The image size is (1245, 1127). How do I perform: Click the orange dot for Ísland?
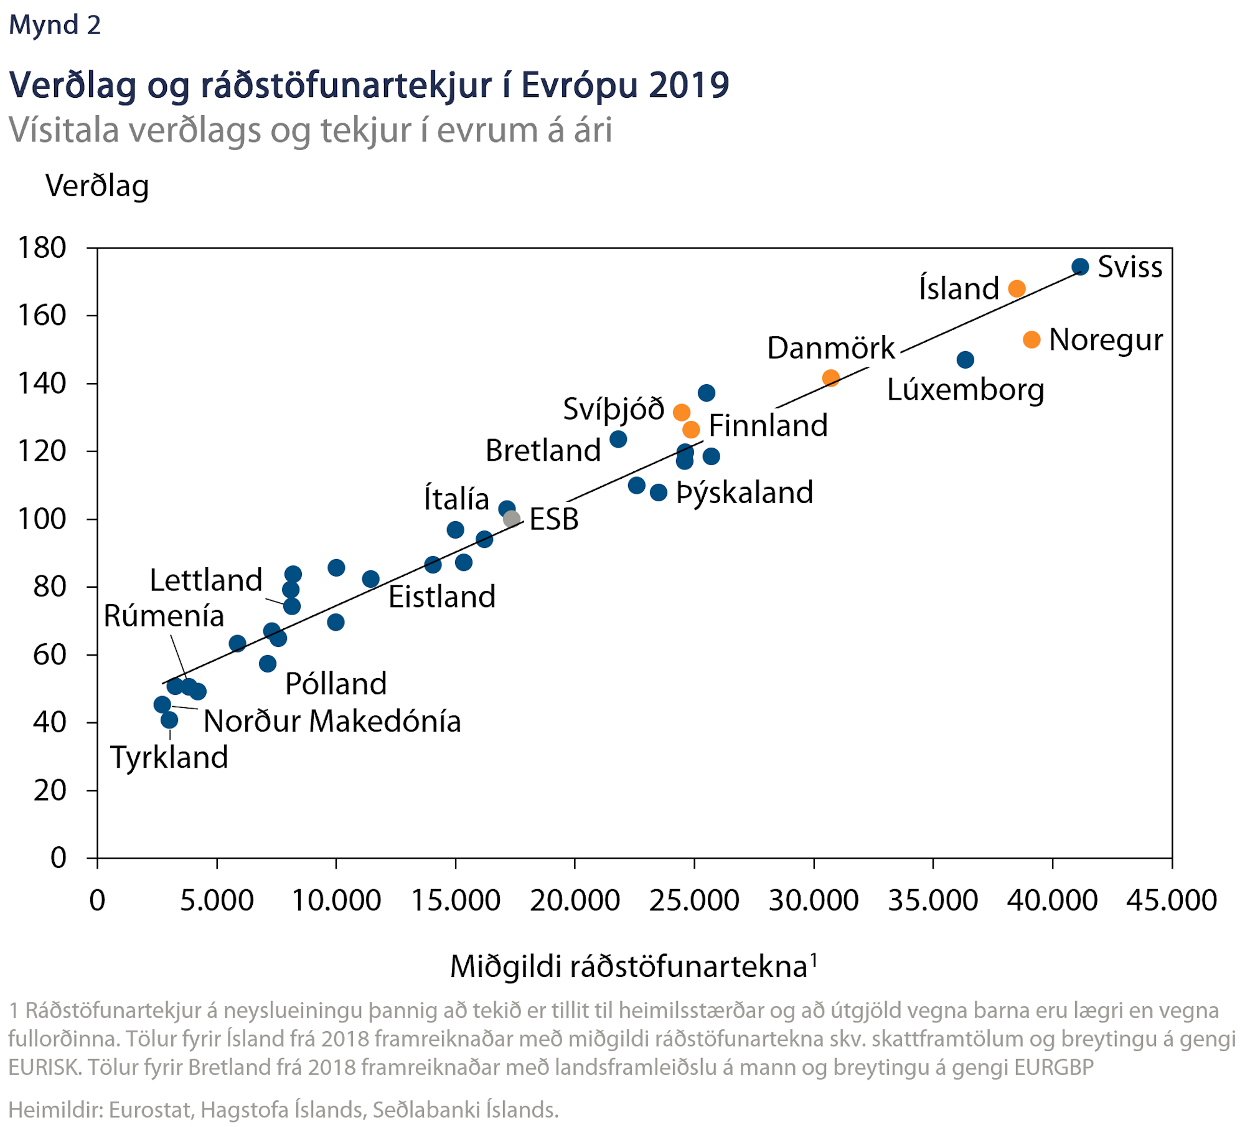point(1017,288)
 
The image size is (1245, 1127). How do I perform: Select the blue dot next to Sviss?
point(1080,267)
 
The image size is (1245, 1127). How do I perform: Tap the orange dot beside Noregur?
point(1031,340)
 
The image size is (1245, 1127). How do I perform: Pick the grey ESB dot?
point(512,519)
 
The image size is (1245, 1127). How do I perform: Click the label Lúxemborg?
point(965,390)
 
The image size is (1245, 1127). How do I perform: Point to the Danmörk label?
point(830,348)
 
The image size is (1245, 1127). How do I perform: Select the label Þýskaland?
point(745,493)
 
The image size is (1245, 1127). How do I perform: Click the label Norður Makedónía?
point(332,722)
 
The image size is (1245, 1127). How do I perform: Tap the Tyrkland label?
point(169,758)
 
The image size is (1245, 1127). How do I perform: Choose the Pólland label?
point(336,684)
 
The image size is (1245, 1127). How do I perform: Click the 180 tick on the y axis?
point(42,248)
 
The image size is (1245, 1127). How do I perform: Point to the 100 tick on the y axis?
point(42,519)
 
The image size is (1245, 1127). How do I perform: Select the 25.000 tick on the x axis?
point(694,901)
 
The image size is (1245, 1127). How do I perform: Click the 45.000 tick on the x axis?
point(1172,901)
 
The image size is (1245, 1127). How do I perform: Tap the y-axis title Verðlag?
point(97,186)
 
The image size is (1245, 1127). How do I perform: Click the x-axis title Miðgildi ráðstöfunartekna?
point(629,967)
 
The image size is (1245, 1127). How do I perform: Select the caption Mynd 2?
point(55,25)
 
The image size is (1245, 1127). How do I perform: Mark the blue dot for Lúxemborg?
point(965,360)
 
